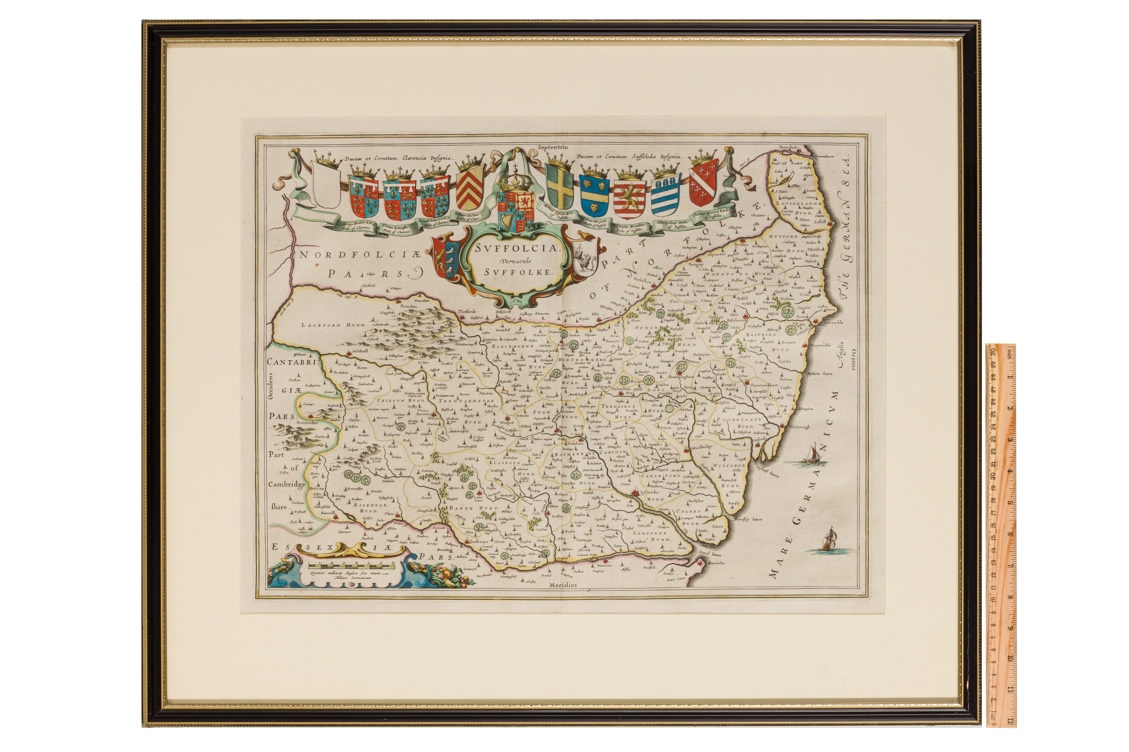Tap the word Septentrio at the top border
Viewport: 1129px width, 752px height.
pyautogui.click(x=553, y=147)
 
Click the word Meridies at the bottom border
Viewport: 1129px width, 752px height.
pyautogui.click(x=563, y=585)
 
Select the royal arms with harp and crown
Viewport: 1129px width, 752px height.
pyautogui.click(x=516, y=206)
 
